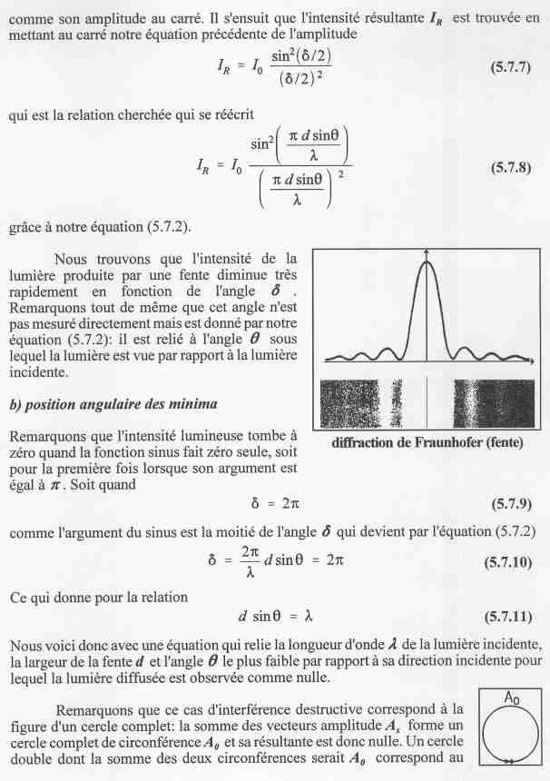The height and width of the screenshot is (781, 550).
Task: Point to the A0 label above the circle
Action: click(512, 697)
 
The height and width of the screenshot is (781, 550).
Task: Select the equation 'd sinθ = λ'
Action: click(275, 616)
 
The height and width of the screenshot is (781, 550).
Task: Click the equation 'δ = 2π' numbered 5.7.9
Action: click(275, 503)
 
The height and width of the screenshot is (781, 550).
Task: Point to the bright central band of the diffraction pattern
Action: click(426, 402)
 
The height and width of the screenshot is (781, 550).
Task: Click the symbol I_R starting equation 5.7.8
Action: click(206, 165)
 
